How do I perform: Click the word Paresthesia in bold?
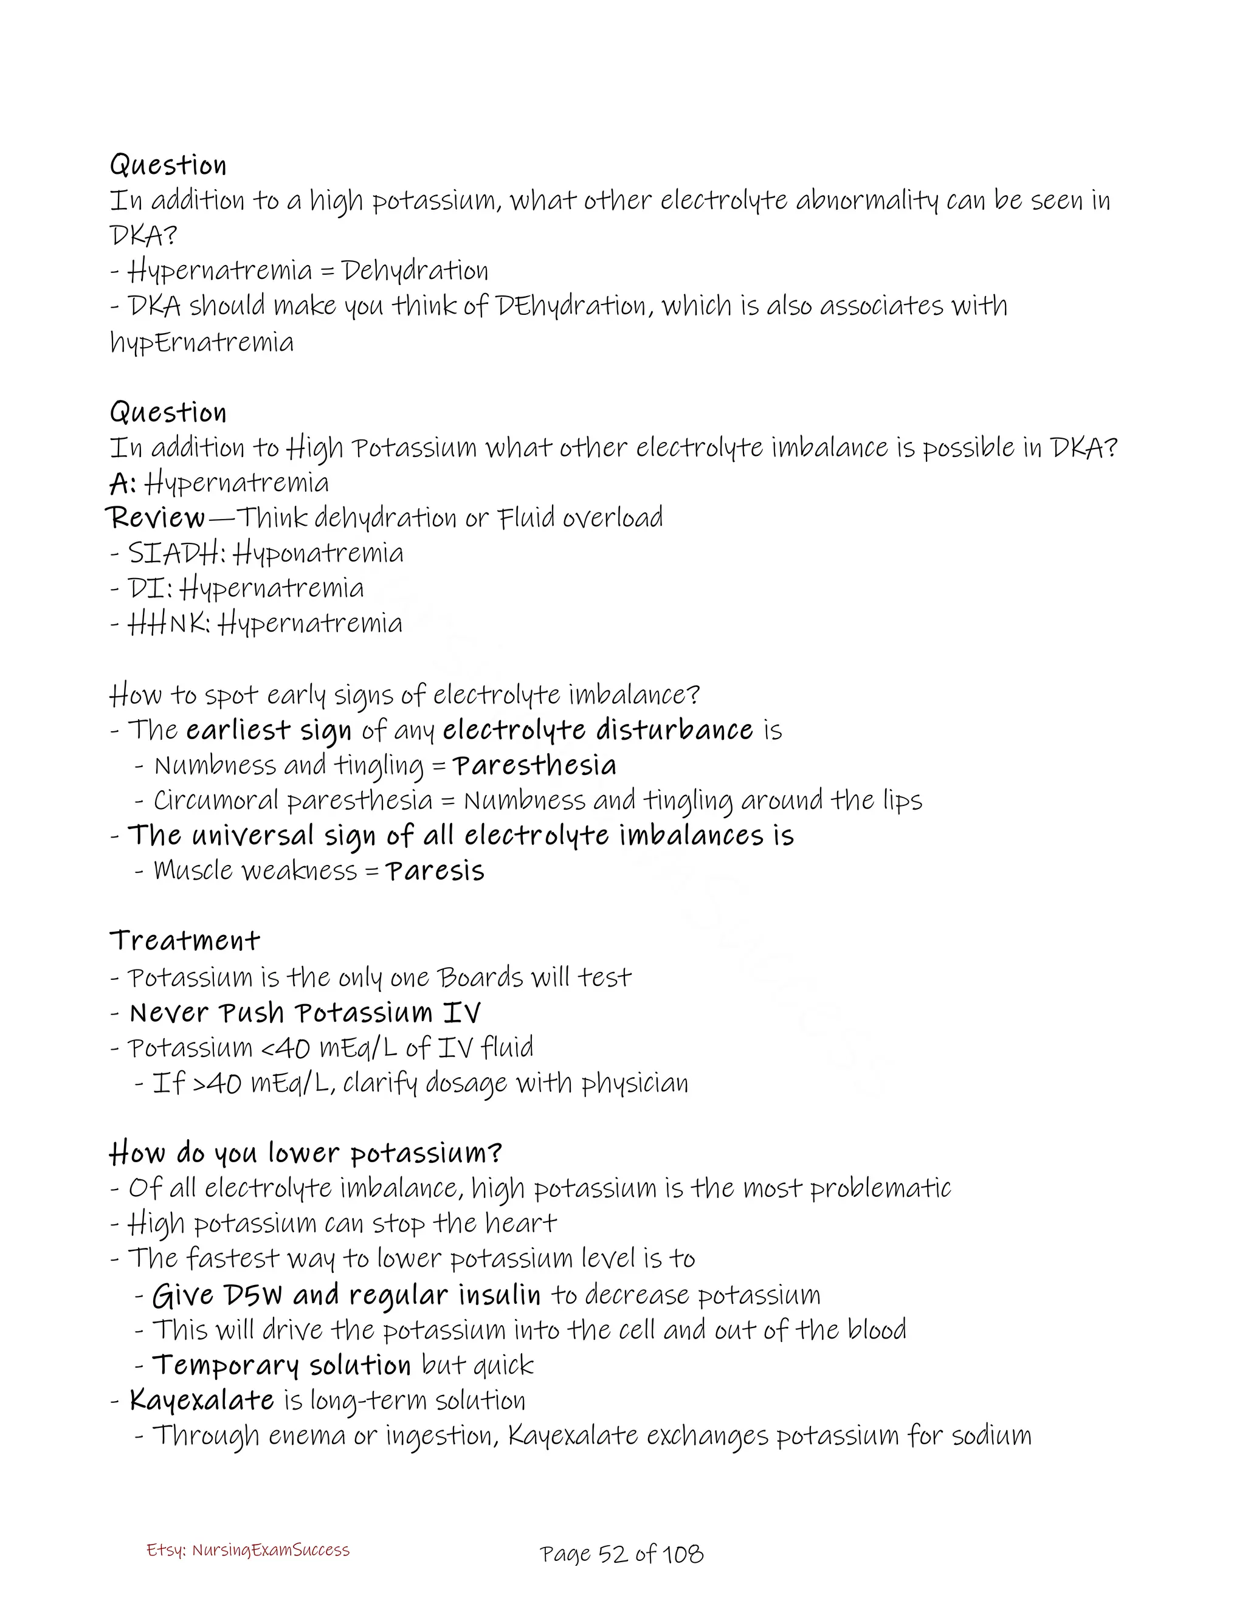pos(534,765)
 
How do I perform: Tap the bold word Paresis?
pos(435,871)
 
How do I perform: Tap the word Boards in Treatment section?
pos(480,977)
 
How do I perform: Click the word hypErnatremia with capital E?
pos(201,342)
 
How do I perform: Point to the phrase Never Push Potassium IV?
pos(305,1013)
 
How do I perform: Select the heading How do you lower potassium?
pos(306,1153)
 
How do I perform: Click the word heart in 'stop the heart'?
pos(524,1223)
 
